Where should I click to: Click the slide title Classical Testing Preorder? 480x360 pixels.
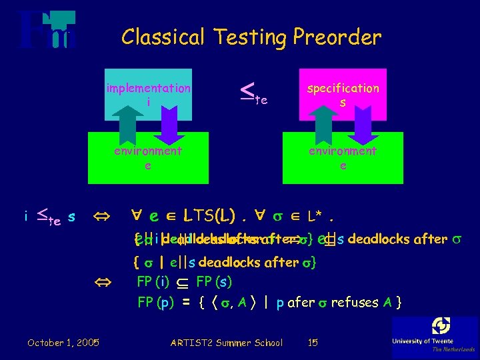pos(251,37)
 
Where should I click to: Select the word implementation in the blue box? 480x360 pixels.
pos(148,88)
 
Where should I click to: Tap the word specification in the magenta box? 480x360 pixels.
pos(343,88)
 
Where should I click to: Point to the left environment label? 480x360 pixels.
pos(147,151)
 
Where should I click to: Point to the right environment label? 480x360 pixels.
pos(343,151)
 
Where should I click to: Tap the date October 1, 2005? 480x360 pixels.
pos(63,343)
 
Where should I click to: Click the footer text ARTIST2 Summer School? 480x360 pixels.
pos(227,343)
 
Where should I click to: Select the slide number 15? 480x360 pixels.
pos(313,343)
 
